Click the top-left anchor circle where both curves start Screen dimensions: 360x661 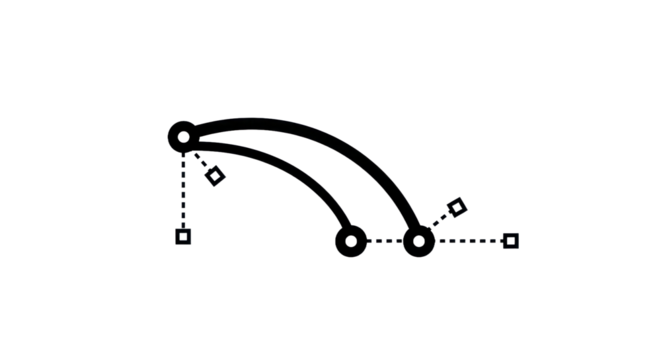point(184,133)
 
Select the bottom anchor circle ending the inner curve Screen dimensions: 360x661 point(351,241)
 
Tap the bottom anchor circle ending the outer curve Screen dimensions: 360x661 point(418,241)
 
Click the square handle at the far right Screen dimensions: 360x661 point(510,240)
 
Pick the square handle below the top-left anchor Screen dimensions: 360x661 point(183,237)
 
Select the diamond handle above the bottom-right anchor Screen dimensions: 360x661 point(454,208)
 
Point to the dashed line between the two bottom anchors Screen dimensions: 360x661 point(385,241)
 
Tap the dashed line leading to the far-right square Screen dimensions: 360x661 point(465,241)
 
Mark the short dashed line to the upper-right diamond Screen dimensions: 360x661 point(438,223)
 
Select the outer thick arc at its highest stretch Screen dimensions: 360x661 point(290,126)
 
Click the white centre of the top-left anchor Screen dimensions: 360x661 point(183,134)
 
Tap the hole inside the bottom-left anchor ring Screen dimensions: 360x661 point(351,241)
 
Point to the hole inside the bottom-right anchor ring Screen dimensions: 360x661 point(418,241)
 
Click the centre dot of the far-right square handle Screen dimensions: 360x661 point(510,240)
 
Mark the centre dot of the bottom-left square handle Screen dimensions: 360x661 point(183,237)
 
